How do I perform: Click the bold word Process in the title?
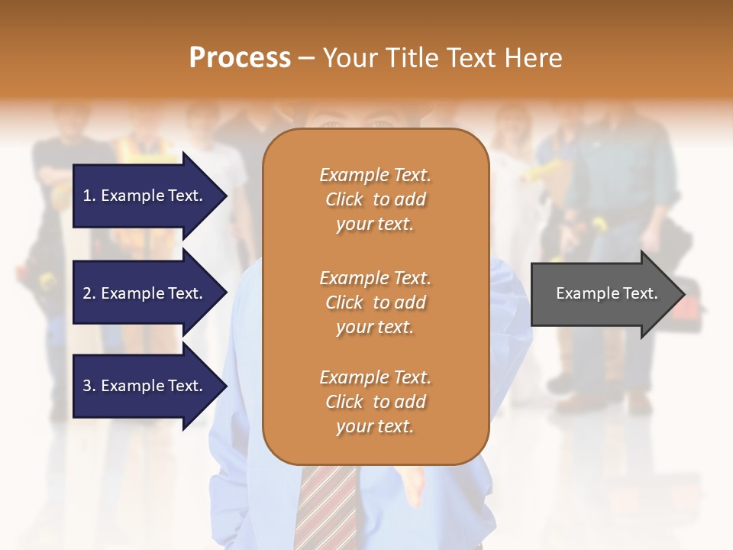[x=240, y=57]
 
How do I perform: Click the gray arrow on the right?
[x=603, y=293]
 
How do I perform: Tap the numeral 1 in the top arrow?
[x=87, y=196]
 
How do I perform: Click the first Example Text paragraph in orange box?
[x=375, y=199]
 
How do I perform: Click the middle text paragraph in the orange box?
[x=375, y=302]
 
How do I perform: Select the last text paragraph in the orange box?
[x=375, y=402]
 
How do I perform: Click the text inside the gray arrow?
[x=606, y=293]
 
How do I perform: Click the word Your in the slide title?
[x=350, y=57]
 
